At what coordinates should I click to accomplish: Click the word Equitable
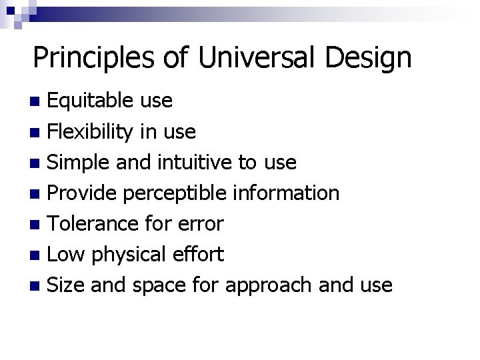coord(93,101)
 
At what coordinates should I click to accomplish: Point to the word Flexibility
coord(95,131)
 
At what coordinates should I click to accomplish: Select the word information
coord(287,193)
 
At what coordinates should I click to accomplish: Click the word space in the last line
coord(160,286)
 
